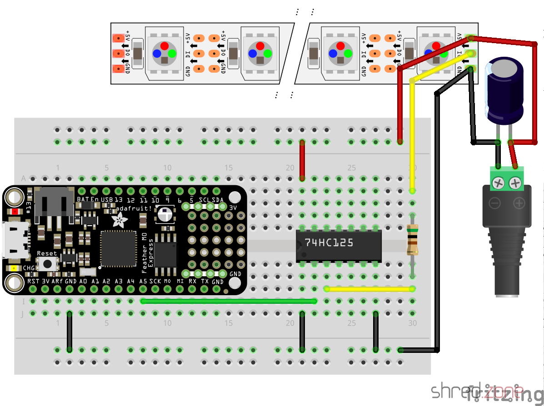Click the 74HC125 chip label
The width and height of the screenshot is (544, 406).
click(x=329, y=243)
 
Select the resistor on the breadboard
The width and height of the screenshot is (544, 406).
click(x=412, y=241)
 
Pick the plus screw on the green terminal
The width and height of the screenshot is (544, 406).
click(x=515, y=183)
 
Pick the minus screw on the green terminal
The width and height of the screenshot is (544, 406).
click(x=499, y=183)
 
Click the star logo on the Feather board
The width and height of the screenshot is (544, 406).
click(x=120, y=221)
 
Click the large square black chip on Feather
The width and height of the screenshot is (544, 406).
click(x=118, y=248)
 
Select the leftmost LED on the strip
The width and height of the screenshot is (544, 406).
click(x=164, y=50)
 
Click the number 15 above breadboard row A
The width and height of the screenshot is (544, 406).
click(x=228, y=168)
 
